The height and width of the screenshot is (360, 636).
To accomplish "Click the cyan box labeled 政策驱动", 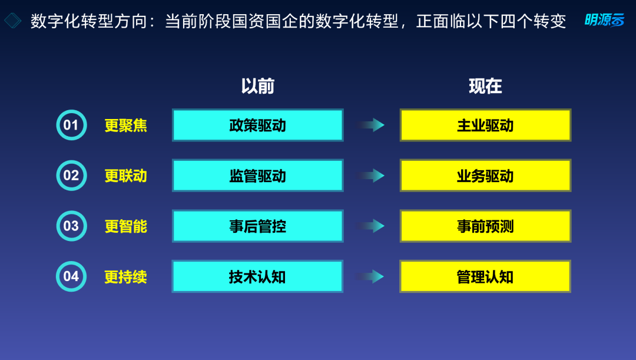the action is click(257, 125).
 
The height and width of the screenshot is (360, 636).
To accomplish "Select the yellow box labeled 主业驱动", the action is click(485, 125).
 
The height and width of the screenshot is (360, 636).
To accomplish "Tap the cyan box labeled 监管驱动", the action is click(257, 176).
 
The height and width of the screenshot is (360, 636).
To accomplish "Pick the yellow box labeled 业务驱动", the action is click(485, 176).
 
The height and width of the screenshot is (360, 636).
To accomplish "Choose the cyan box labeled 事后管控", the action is click(257, 226).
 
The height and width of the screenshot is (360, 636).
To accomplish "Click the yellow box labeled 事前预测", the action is click(485, 226).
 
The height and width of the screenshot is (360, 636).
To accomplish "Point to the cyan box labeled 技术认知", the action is click(257, 276).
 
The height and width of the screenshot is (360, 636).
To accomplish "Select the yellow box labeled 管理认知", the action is click(485, 276).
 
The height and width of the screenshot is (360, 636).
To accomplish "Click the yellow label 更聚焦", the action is click(126, 125).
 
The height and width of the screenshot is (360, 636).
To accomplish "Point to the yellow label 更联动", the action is click(126, 176).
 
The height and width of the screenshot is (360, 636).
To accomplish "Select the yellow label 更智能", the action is click(126, 226).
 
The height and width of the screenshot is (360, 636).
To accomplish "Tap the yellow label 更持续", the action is click(126, 277).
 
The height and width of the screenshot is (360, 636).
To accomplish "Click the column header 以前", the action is click(257, 86).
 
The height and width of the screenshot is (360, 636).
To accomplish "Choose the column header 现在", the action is click(485, 86).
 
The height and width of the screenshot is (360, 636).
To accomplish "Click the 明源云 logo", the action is click(604, 20).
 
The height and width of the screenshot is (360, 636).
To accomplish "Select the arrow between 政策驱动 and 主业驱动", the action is click(370, 125).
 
